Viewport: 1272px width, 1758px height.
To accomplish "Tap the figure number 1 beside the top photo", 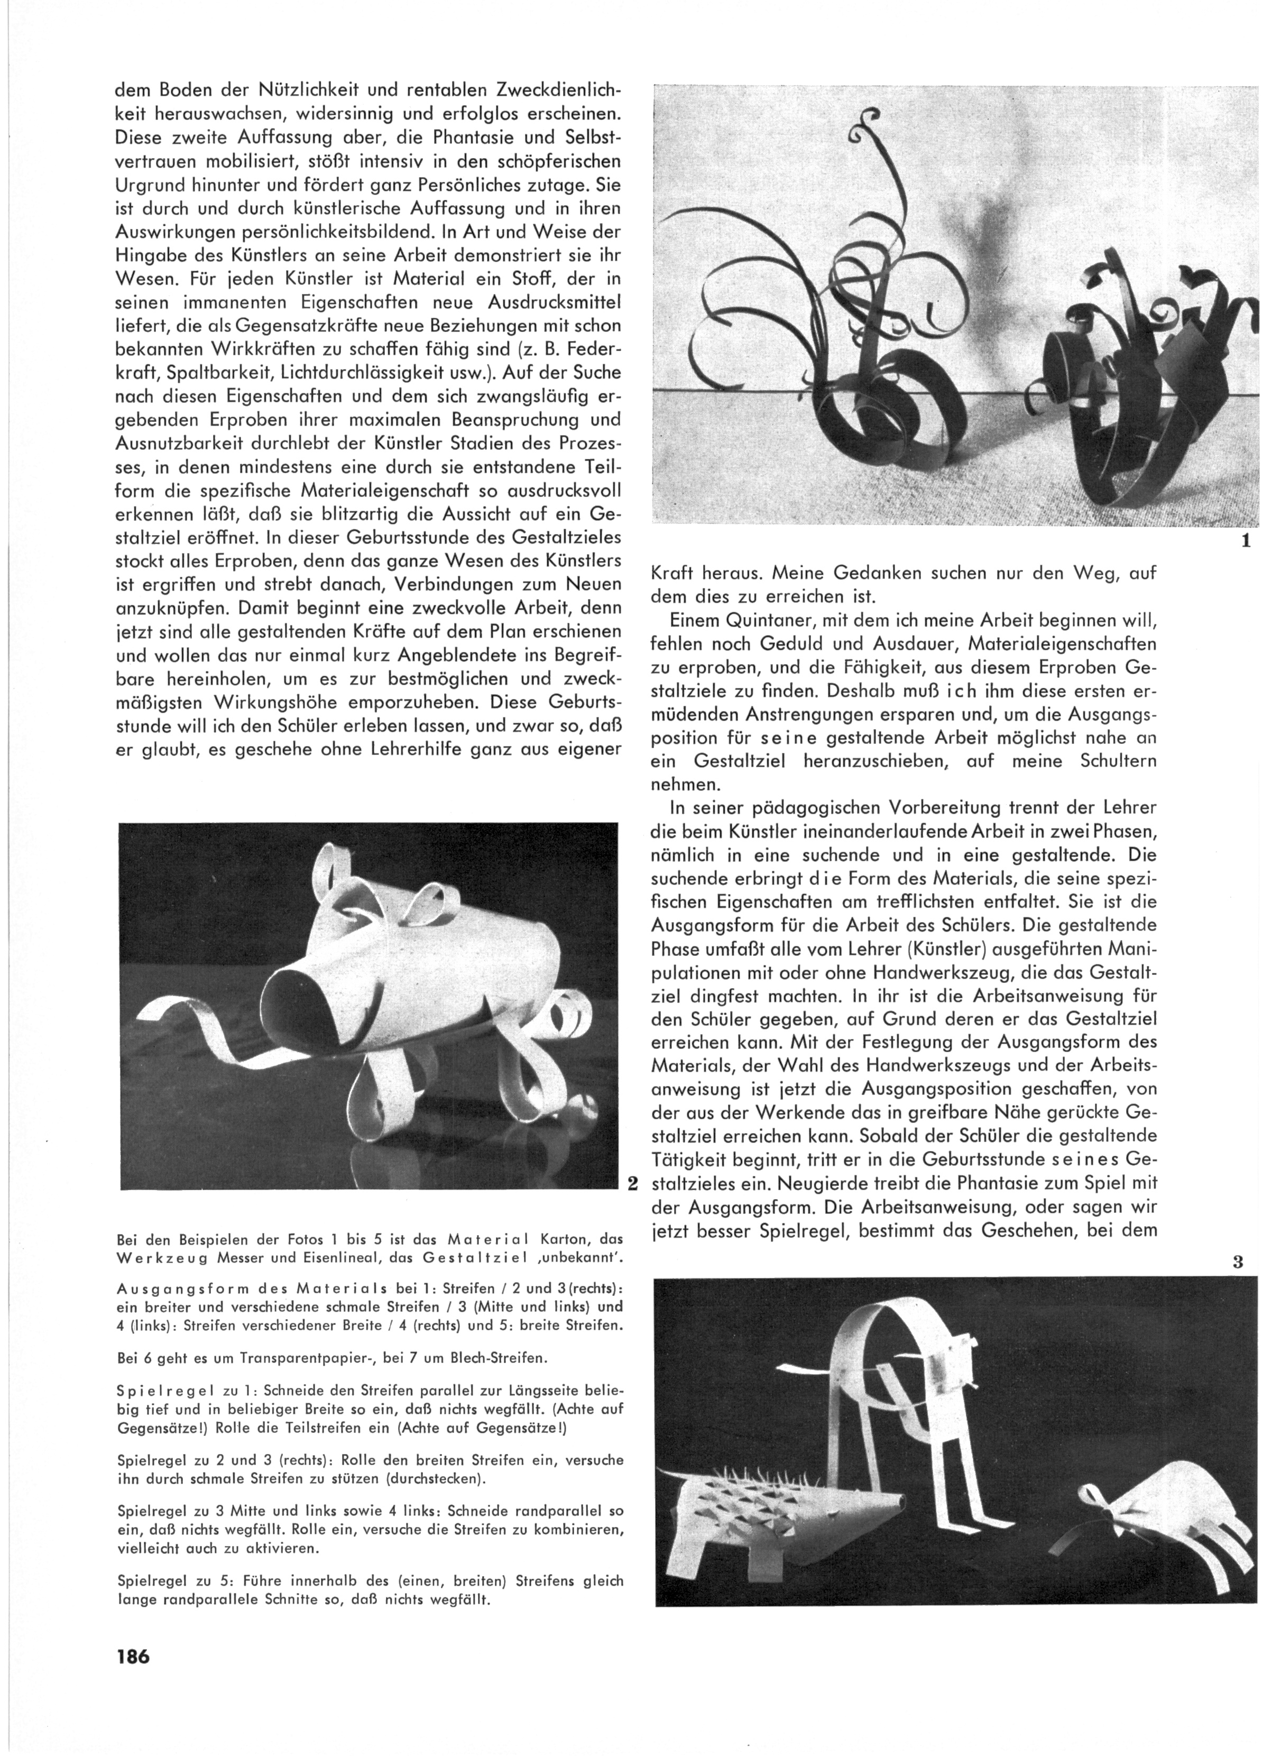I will click(1246, 541).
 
